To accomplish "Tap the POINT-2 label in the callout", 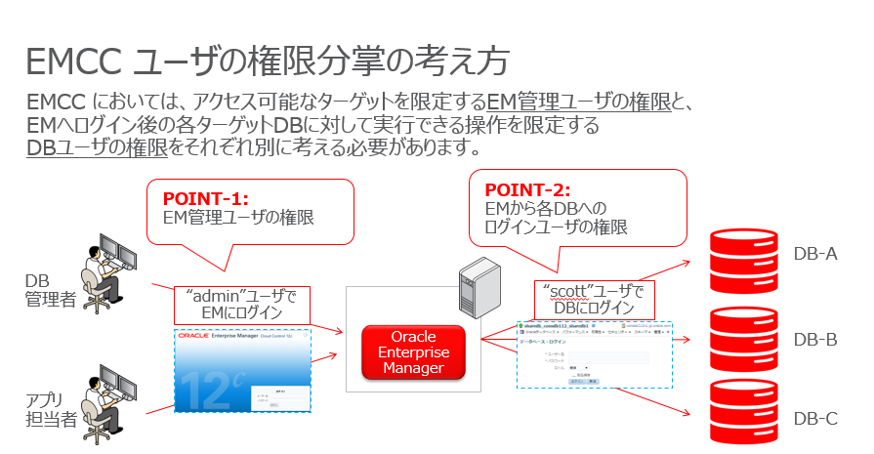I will tap(527, 190).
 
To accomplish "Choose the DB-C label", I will tap(815, 419).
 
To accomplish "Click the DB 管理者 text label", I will tap(50, 290).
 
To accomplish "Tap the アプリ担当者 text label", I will tap(49, 409).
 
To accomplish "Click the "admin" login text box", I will tap(241, 304).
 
